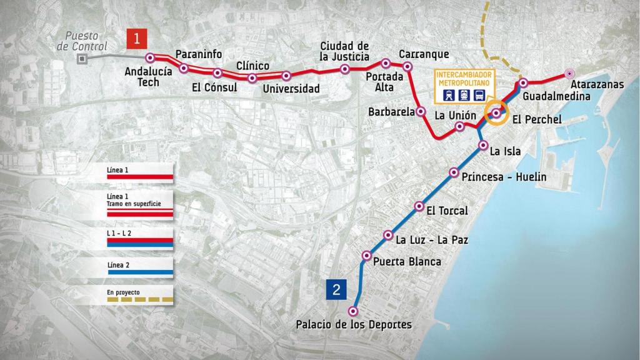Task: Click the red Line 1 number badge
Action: tap(136, 39)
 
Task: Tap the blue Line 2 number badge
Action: tap(336, 290)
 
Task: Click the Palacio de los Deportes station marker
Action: tap(354, 311)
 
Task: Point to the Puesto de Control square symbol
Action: tap(81, 59)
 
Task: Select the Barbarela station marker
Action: tap(421, 111)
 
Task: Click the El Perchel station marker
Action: tap(496, 113)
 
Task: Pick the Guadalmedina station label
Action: tap(556, 96)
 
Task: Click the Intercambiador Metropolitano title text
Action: tap(463, 78)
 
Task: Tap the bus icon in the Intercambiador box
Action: tap(479, 95)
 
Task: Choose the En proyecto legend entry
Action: tap(139, 296)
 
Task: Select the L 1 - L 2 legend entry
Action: tap(139, 239)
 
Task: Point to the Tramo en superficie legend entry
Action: tap(139, 205)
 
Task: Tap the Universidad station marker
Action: tap(286, 76)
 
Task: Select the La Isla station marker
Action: tap(482, 146)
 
